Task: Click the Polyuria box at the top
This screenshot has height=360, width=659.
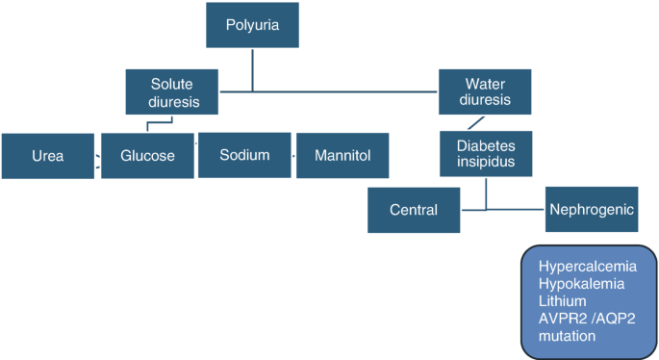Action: pyautogui.click(x=253, y=26)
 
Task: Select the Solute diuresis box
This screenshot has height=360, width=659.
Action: pyautogui.click(x=172, y=91)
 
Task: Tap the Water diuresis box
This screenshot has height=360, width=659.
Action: pyautogui.click(x=485, y=91)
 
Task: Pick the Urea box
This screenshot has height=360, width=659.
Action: pyautogui.click(x=47, y=156)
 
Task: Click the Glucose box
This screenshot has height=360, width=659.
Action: pyautogui.click(x=147, y=156)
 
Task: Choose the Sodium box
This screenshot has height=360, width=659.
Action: pyautogui.click(x=244, y=155)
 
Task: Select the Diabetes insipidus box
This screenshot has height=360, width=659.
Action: pyautogui.click(x=485, y=152)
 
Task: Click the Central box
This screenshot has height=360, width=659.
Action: pyautogui.click(x=414, y=210)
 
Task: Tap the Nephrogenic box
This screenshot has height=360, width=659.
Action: pyautogui.click(x=592, y=209)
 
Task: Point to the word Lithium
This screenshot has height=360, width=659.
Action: pyautogui.click(x=563, y=301)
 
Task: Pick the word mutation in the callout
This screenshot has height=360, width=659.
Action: pyautogui.click(x=568, y=336)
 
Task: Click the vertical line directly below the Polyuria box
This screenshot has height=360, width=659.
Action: pyautogui.click(x=253, y=69)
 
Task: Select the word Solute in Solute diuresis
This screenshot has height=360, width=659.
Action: pyautogui.click(x=173, y=83)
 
